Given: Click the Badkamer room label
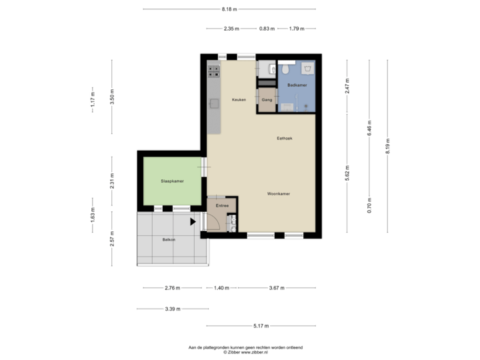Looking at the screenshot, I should [x=297, y=86].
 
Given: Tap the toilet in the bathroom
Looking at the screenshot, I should [x=285, y=68].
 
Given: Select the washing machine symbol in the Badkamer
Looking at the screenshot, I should [x=307, y=69].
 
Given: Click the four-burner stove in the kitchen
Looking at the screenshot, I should [x=214, y=69].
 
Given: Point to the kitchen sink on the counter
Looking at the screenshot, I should [x=215, y=103].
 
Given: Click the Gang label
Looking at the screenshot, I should [x=267, y=99].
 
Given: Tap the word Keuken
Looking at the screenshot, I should [x=239, y=99].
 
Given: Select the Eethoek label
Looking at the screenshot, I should [x=285, y=138].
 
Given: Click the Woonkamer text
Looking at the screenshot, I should [x=278, y=193].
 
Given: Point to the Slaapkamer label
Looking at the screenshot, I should [x=172, y=181].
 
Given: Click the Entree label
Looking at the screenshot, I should [x=222, y=205].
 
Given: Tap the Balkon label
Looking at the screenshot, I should [x=169, y=239].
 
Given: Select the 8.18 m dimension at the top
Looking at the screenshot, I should [x=229, y=9].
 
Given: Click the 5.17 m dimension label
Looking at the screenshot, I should [x=260, y=326].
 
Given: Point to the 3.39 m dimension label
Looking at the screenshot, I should [x=173, y=309].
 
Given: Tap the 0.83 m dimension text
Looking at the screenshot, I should [x=266, y=29].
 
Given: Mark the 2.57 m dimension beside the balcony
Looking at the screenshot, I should [x=112, y=238].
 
